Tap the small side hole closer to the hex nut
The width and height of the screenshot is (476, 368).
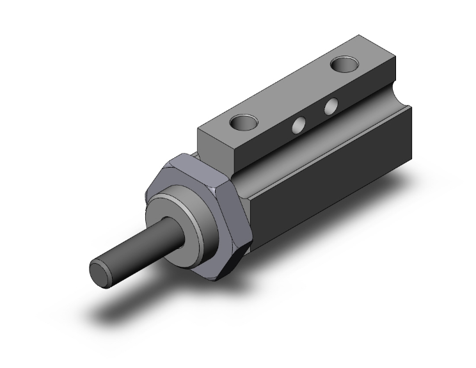pos(297,125)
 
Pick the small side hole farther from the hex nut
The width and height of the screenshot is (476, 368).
pos(331,107)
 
